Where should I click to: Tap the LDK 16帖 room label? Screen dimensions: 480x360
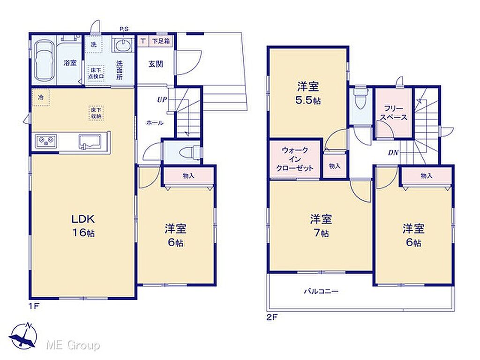(83, 226)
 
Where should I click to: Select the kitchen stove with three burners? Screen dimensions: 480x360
(46, 141)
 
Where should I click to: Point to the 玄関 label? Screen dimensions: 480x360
(156, 64)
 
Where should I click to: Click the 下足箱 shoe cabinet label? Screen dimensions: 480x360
(161, 41)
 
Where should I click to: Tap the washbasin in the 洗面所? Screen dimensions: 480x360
(123, 46)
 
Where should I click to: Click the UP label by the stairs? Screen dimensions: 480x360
(162, 99)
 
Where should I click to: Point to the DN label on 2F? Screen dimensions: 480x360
(393, 152)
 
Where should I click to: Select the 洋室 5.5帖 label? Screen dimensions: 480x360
(308, 93)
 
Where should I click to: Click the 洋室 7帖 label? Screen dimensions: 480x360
(321, 226)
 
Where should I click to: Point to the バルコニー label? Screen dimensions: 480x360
(321, 291)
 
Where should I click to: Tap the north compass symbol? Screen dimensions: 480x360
(23, 336)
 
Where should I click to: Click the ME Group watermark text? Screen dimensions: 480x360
(73, 345)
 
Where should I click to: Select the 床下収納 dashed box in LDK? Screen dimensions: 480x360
(97, 113)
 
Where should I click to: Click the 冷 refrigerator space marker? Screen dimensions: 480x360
(41, 97)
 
